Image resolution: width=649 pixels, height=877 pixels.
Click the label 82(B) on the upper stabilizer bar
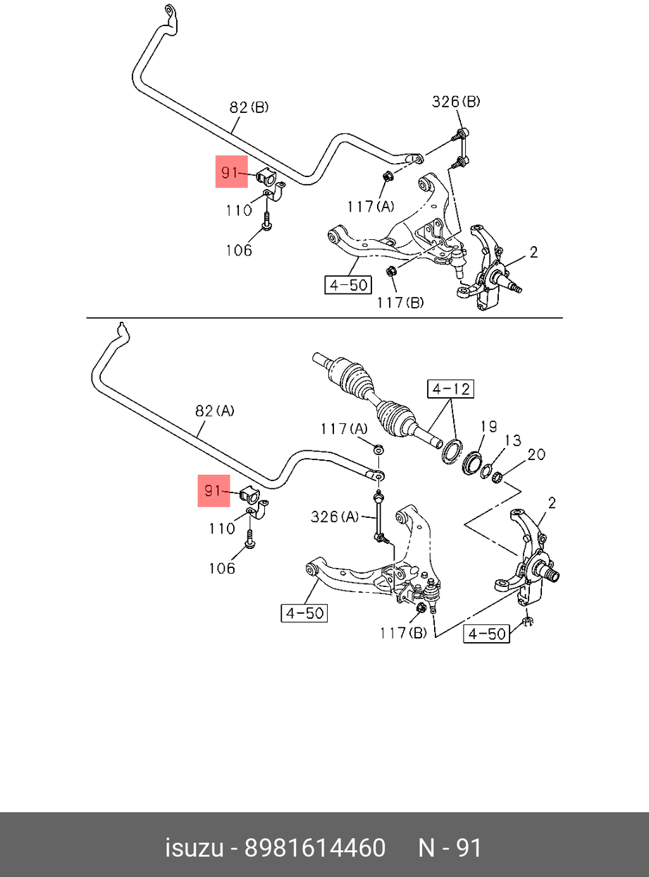tap(249, 107)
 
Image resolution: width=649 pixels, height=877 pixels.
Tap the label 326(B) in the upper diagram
tap(455, 102)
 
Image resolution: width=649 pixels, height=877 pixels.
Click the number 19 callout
tap(488, 426)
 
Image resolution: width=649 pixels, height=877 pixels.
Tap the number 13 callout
tap(513, 440)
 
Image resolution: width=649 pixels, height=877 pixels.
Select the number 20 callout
tap(536, 454)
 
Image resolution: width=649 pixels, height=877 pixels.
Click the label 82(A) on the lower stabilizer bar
tap(215, 411)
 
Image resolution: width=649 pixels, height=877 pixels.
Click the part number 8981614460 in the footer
tap(315, 847)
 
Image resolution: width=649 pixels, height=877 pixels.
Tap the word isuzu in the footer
tap(195, 847)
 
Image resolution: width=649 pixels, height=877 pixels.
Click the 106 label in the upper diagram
tap(239, 250)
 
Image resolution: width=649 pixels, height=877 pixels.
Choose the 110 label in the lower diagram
tap(222, 528)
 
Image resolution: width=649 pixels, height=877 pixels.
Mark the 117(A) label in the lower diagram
tap(345, 428)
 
